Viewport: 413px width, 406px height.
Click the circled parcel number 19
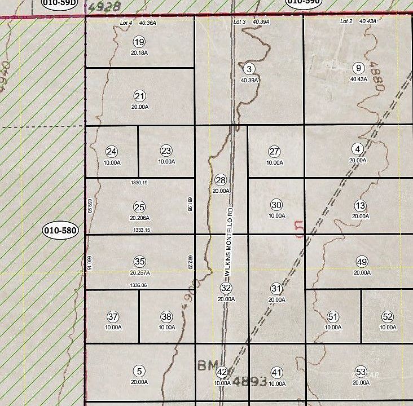click(139, 42)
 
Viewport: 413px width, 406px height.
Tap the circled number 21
click(140, 96)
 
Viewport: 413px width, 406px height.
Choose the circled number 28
click(221, 180)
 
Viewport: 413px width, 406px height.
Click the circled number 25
click(140, 207)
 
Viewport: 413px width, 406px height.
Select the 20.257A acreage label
click(140, 272)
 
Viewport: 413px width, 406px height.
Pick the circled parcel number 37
click(113, 316)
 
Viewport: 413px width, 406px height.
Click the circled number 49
click(362, 262)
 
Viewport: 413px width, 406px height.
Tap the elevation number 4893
click(248, 382)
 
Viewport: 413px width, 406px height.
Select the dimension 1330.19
click(138, 183)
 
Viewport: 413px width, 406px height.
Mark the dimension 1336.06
click(138, 285)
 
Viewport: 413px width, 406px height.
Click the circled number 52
click(387, 316)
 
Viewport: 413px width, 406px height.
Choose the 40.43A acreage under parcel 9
click(358, 80)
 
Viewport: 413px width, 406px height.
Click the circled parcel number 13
click(361, 205)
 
